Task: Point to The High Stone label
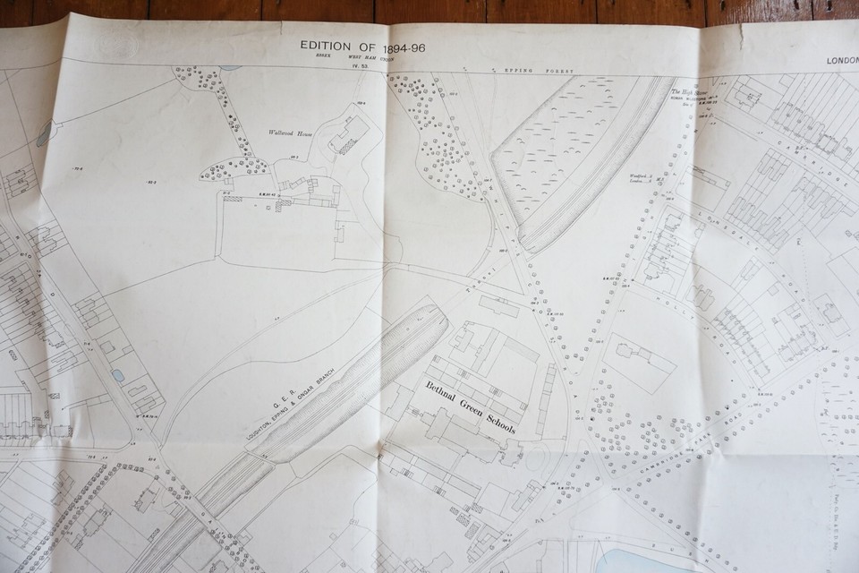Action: [x=687, y=90]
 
